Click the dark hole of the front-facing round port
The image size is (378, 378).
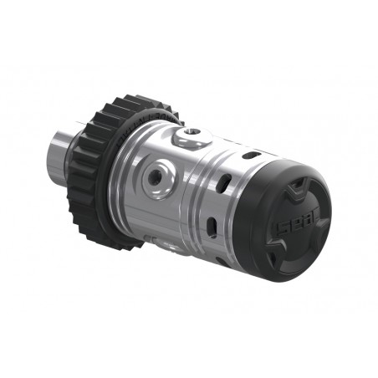pos(156,177)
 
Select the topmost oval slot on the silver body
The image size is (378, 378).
pos(251,155)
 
